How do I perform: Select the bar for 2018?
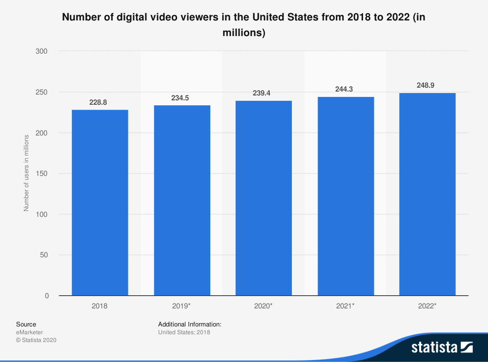coord(100,203)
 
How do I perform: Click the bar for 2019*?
coord(182,200)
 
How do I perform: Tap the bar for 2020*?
coord(264,198)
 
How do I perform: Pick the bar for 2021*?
coord(346,196)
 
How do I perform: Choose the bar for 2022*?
coord(427,194)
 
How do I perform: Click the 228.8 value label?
coord(100,103)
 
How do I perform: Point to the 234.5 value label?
coord(182,98)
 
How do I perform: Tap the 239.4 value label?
coord(264,94)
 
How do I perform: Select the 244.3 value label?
coord(346,90)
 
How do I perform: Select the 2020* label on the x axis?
coord(264,306)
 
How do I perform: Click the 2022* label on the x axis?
coord(427,306)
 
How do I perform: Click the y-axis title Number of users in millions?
coord(26,173)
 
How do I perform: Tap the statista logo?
coord(442,347)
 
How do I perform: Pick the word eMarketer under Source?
coord(29,332)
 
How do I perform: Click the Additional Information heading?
coord(190,324)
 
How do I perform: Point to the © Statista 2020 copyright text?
coord(36,340)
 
